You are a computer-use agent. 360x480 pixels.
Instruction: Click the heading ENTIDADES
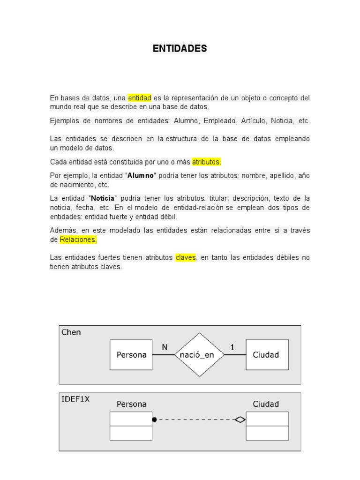coord(180,49)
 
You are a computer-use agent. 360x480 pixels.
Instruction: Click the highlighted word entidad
coord(139,98)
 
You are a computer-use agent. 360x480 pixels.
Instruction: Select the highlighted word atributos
coord(206,162)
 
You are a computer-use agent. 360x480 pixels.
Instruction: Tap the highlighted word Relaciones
coord(78,240)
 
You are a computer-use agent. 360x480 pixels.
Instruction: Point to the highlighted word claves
coord(186,257)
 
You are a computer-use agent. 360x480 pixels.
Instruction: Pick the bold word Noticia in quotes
coord(103,198)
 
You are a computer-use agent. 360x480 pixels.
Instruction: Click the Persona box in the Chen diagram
coord(131,355)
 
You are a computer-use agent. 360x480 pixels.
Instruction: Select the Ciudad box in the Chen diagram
coord(266,355)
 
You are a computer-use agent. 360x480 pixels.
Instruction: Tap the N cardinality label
coord(165,347)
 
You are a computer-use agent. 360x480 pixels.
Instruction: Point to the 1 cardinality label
coord(232,347)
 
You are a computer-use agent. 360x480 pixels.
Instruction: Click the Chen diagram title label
coord(71,332)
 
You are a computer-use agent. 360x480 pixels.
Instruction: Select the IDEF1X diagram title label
coord(75,399)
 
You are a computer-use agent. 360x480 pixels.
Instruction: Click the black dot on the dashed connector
coord(155,420)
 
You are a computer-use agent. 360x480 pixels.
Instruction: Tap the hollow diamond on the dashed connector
coord(240,420)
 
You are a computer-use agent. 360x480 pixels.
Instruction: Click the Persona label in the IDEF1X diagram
coord(131,404)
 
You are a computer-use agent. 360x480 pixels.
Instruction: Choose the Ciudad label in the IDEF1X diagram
coord(266,404)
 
